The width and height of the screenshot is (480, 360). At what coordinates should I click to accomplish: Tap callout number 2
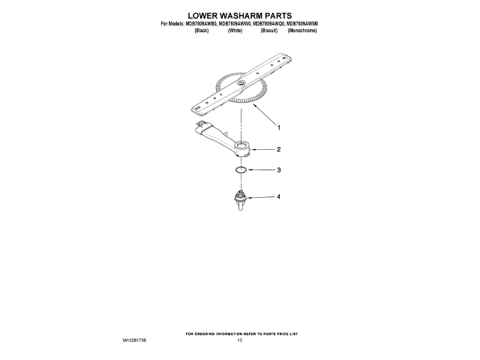(x=278, y=148)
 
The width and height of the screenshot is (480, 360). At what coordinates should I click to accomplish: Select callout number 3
(x=278, y=170)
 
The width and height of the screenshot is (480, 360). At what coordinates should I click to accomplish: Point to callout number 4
(x=278, y=196)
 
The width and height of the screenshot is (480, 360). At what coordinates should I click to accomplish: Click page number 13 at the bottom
(x=240, y=340)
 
